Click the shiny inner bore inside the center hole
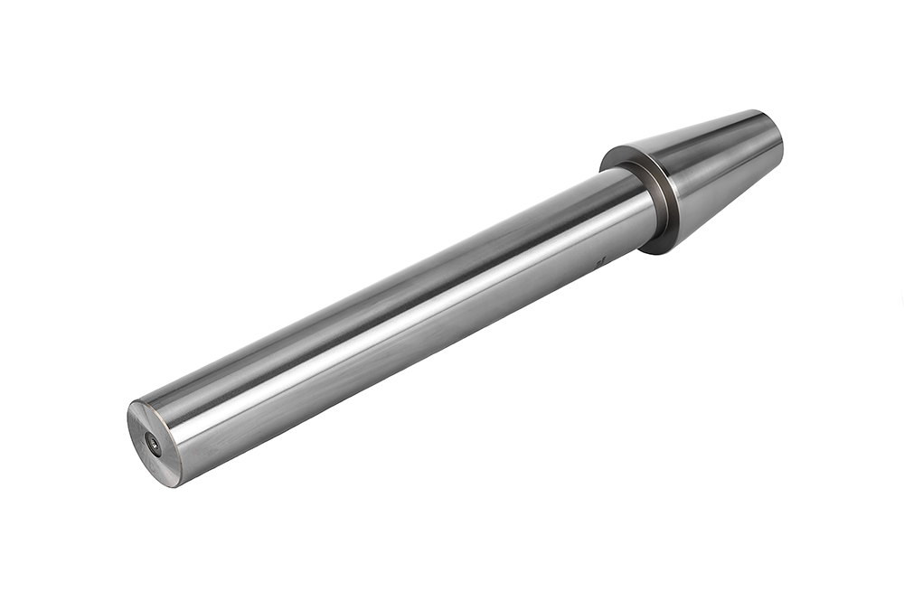click(x=154, y=444)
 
